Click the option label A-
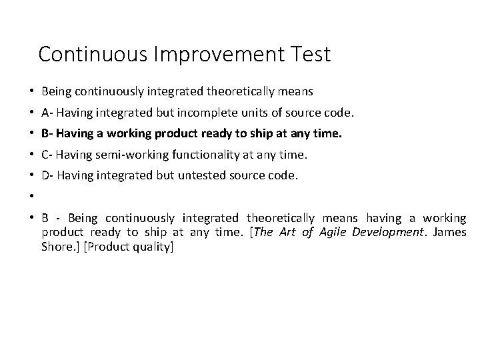click(x=47, y=112)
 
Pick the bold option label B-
click(x=47, y=134)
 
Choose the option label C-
click(x=47, y=155)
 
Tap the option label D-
click(x=48, y=177)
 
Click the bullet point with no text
click(x=32, y=198)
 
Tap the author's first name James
click(x=450, y=232)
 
